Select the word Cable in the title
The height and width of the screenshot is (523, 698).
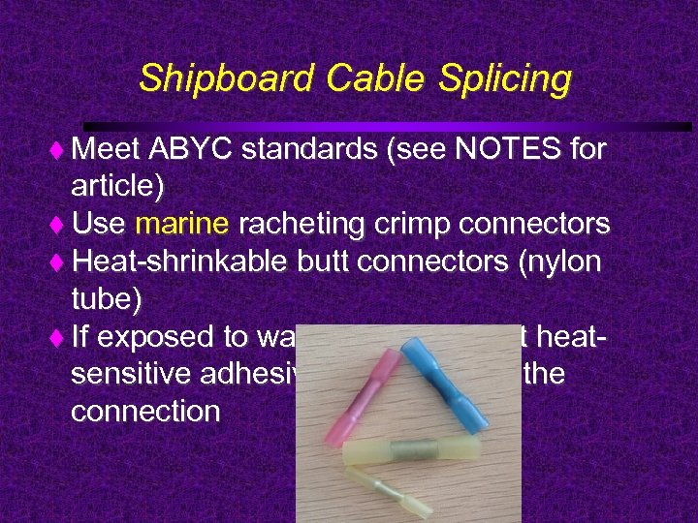tap(352, 78)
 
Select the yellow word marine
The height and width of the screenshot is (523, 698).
tap(182, 225)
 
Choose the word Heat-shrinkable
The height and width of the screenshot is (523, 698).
tap(180, 262)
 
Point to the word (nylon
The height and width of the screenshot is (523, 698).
tap(558, 262)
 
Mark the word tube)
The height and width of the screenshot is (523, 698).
tap(107, 299)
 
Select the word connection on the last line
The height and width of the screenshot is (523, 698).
tap(145, 412)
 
